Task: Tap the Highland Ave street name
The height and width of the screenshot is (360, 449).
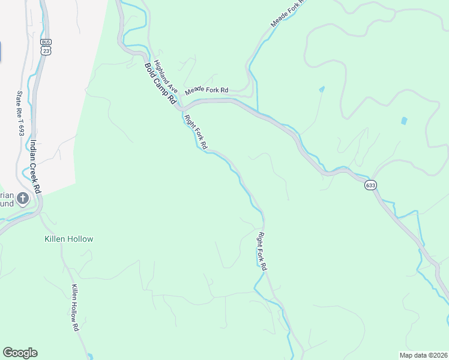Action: click(x=163, y=74)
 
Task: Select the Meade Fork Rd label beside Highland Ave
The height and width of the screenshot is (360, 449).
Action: click(x=206, y=91)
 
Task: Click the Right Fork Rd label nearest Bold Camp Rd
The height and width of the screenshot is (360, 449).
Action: click(x=196, y=131)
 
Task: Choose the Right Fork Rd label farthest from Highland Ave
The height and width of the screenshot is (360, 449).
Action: click(x=262, y=251)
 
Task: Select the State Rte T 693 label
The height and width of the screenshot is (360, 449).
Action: click(x=20, y=113)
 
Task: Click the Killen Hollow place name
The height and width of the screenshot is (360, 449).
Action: click(x=69, y=239)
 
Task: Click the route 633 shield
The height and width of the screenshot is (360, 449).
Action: click(x=370, y=185)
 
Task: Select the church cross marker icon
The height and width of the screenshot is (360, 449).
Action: click(x=23, y=198)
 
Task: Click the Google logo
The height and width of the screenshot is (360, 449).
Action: click(x=20, y=353)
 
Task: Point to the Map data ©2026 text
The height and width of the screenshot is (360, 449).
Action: click(x=423, y=355)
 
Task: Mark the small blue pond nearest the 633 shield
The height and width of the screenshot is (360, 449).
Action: click(x=403, y=121)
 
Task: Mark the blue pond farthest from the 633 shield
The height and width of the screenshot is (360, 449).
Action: click(x=322, y=89)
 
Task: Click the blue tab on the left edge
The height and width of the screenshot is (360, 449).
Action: click(x=1, y=51)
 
